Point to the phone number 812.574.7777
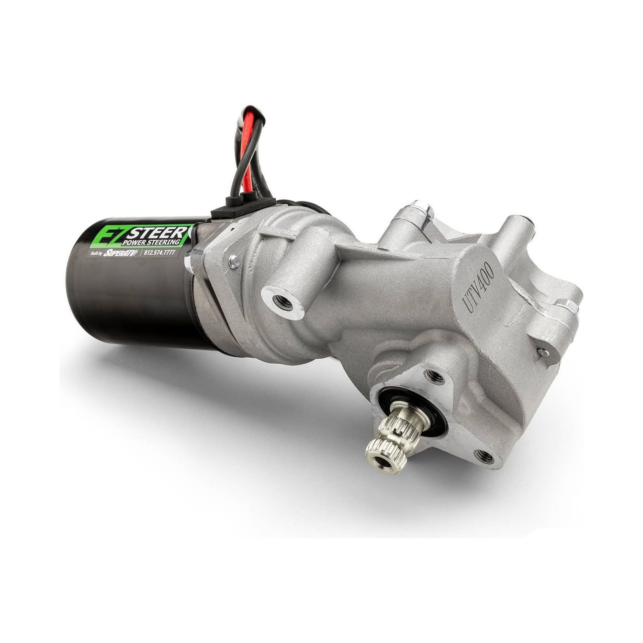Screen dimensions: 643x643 tap(160, 253)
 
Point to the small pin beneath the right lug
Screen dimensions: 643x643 tap(543, 353)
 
